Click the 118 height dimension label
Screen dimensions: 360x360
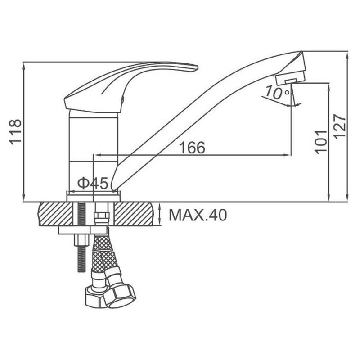[15, 132]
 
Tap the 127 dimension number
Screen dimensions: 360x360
[340, 126]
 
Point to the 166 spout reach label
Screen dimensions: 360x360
[192, 148]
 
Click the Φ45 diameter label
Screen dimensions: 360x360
[93, 183]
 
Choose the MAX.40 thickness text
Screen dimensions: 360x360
[198, 215]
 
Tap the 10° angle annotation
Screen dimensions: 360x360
[277, 92]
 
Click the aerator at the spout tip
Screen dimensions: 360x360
[290, 77]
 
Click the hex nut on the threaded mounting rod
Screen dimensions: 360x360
[81, 240]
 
